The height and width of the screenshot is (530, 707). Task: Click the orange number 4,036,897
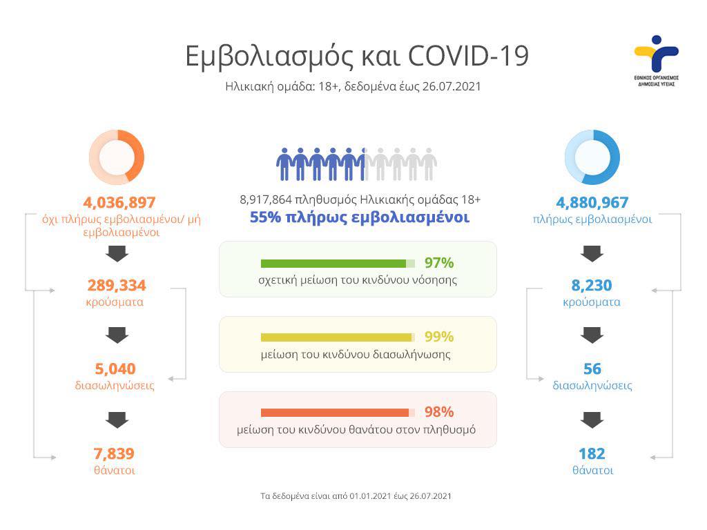pyautogui.click(x=119, y=202)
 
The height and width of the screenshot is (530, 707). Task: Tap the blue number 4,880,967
pyautogui.click(x=592, y=202)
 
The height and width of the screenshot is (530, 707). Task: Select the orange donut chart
pyautogui.click(x=117, y=157)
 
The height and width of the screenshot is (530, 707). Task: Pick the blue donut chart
pyautogui.click(x=592, y=157)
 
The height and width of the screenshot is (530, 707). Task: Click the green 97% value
pyautogui.click(x=439, y=263)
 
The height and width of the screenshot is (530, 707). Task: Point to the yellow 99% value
pyautogui.click(x=439, y=337)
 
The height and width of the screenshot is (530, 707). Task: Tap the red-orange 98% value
pyautogui.click(x=439, y=412)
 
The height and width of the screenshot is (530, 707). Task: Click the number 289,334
pyautogui.click(x=117, y=285)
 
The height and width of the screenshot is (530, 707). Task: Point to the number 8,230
pyautogui.click(x=592, y=285)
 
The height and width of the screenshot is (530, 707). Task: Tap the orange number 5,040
pyautogui.click(x=115, y=369)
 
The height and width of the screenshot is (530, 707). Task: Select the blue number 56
pyautogui.click(x=592, y=369)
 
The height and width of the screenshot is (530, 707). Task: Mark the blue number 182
pyautogui.click(x=592, y=453)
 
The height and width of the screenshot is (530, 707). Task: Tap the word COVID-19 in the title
pyautogui.click(x=469, y=56)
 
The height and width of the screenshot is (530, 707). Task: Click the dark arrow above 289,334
pyautogui.click(x=117, y=253)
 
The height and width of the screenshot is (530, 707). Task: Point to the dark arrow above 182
pyautogui.click(x=592, y=419)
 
